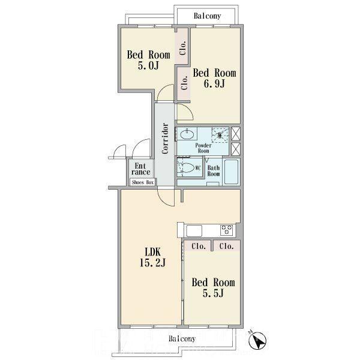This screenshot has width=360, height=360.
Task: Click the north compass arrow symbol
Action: point(257,340)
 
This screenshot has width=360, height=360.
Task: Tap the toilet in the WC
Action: point(186,167)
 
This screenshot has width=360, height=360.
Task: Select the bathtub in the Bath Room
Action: point(231,172)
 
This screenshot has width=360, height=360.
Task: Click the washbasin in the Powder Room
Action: point(187,134)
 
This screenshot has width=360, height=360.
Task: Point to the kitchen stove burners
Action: point(226,230)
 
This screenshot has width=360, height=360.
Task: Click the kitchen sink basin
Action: point(194,231)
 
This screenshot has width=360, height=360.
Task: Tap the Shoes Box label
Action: point(143,182)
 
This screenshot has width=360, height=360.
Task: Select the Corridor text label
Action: point(165,138)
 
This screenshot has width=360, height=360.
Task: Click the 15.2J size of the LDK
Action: point(152,262)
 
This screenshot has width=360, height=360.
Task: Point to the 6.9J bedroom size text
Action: point(214,83)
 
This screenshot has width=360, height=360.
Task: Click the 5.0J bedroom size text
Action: point(148,65)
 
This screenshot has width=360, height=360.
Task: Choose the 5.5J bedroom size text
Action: point(213,293)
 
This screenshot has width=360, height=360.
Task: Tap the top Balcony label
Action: point(208,16)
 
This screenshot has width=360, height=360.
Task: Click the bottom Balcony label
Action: point(182,338)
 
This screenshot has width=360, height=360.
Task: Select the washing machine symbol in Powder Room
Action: point(220,135)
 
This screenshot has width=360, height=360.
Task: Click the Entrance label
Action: point(141,169)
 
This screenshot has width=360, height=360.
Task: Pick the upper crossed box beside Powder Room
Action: point(236,134)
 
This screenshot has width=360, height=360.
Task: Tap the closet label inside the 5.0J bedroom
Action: point(183,48)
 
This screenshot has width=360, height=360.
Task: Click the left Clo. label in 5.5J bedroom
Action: point(199,247)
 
